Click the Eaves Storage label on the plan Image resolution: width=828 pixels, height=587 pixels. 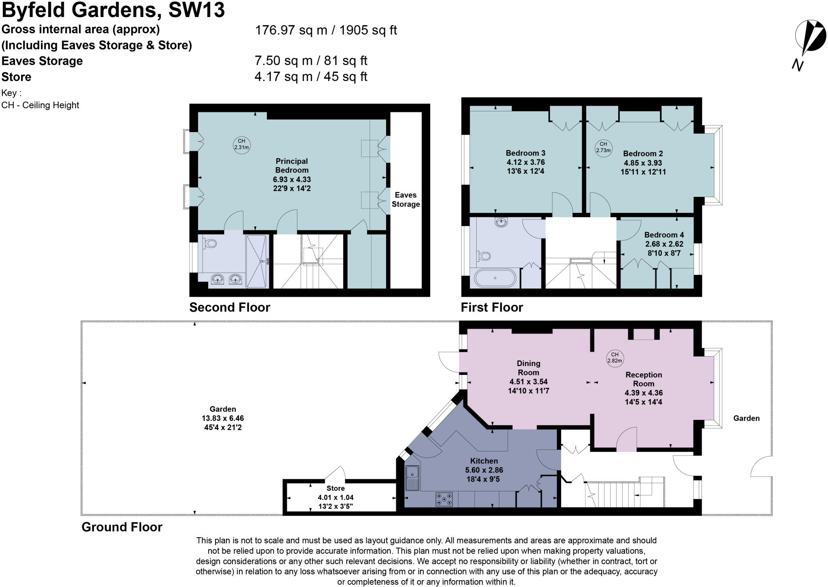click(x=406, y=200)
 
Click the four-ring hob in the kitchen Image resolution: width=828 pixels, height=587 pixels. click(x=444, y=500)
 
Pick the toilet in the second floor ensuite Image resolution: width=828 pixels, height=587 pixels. click(x=210, y=243)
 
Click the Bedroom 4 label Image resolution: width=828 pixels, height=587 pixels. click(x=664, y=235)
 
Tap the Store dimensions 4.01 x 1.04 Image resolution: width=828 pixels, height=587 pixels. click(x=335, y=498)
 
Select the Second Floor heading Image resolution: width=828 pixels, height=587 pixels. click(x=229, y=307)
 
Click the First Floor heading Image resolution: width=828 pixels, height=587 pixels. click(x=492, y=307)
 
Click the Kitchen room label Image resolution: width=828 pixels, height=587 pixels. click(x=484, y=461)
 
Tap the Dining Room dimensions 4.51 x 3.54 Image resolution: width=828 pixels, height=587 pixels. click(x=528, y=381)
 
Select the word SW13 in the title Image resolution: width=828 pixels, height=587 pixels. click(x=196, y=10)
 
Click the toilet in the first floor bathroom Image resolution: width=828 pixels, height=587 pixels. click(x=484, y=255)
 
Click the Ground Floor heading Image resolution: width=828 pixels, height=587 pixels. click(x=122, y=527)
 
